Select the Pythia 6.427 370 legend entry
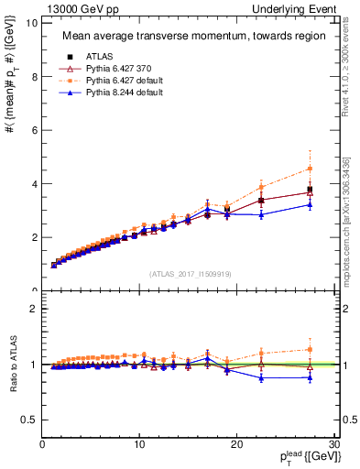tap(115, 68)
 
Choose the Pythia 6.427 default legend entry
tap(117, 80)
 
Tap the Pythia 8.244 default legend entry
tap(117, 92)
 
